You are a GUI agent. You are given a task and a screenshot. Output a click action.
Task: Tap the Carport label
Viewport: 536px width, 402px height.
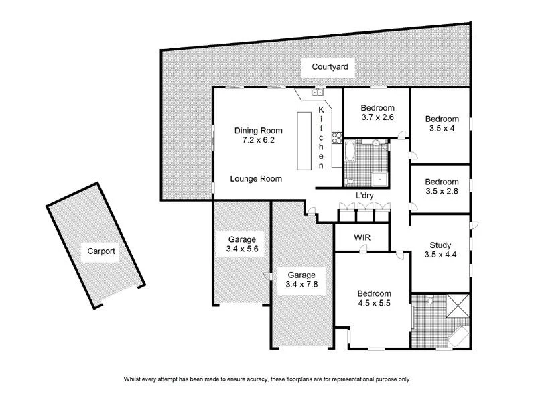[x=101, y=252]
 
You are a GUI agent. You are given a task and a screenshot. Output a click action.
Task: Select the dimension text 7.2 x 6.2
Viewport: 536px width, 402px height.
[x=258, y=141]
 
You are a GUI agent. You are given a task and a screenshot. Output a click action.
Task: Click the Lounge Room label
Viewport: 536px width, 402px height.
[x=255, y=179]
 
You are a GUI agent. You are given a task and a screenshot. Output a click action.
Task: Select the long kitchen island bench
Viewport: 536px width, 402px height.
[x=305, y=142]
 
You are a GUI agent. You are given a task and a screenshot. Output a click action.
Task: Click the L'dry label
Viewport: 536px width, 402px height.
[x=364, y=196]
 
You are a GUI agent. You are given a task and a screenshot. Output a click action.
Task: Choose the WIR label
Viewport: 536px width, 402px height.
[x=352, y=238]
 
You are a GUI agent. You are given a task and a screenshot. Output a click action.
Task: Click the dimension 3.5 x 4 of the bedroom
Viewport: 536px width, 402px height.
[x=442, y=129]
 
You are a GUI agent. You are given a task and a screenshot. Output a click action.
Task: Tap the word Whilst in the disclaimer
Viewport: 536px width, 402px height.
[x=134, y=379]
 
